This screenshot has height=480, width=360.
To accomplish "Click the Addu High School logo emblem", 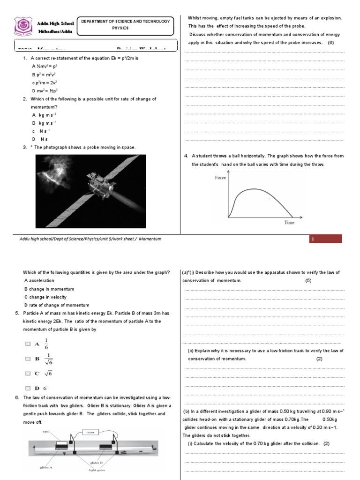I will coord(22,27).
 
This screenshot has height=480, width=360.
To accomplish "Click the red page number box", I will coord(325,239).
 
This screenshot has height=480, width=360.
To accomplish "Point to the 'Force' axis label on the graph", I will coord(220,178).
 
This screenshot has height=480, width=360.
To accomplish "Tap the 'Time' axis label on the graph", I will coord(289,223).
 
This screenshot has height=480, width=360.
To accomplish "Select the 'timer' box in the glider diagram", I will coord(90,433).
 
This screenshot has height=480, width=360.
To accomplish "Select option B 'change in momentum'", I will coord(49,289).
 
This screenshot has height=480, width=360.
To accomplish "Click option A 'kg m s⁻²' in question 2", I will coord(44,114).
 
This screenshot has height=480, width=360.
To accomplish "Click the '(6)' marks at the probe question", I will coord(331,43).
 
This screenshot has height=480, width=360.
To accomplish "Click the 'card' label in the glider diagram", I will coord(46,431).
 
